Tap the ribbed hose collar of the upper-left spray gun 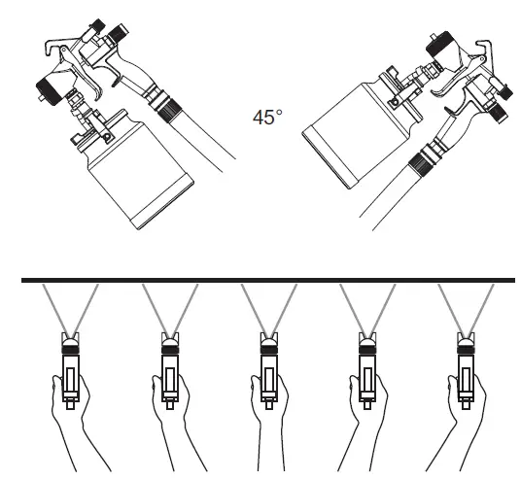pos(159,99)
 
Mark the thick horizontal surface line pos(260,282)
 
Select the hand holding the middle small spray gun pos(271,418)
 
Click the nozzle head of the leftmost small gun pos(71,341)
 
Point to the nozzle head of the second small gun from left pos(170,341)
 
